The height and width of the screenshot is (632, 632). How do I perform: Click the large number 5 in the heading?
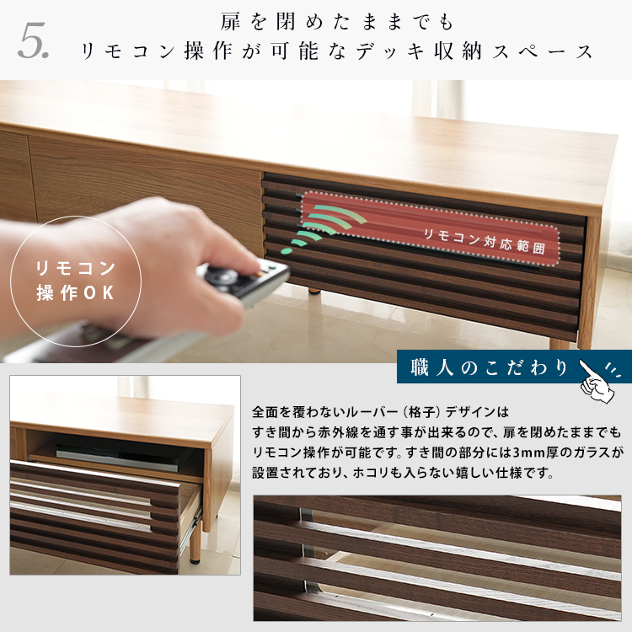(x=32, y=40)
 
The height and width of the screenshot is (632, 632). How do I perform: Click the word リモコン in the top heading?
(x=128, y=51)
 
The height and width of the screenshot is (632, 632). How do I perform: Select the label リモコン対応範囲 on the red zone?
(x=485, y=241)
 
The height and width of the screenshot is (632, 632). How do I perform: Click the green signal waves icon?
(x=324, y=228)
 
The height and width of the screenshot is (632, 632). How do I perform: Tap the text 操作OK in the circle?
(x=75, y=293)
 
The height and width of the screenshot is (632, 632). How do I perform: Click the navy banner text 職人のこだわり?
(x=490, y=367)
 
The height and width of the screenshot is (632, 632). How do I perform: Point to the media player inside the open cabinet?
(x=117, y=457)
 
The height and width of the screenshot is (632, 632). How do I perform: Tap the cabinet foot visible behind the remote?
(x=315, y=290)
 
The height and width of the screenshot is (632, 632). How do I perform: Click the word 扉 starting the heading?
(x=231, y=21)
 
